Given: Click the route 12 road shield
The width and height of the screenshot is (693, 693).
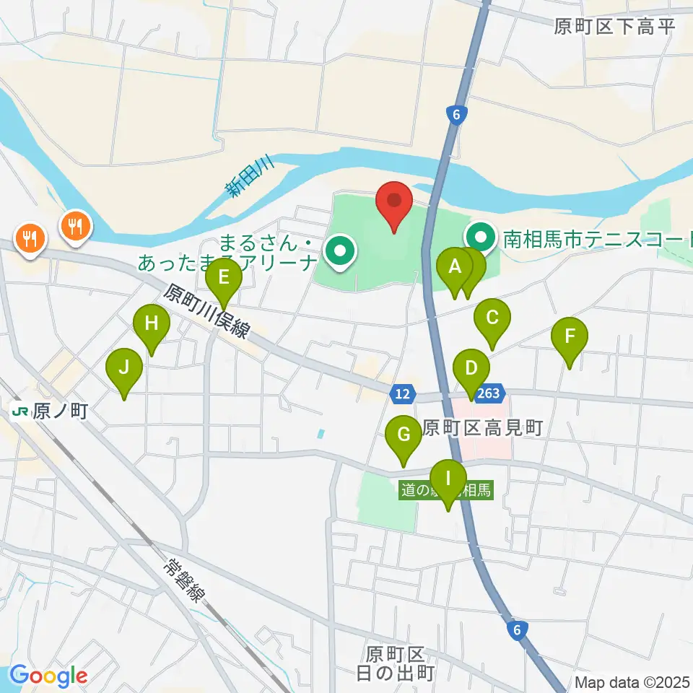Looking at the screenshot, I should tap(402, 393).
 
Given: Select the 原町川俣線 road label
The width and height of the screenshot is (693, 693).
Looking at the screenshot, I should tap(206, 311).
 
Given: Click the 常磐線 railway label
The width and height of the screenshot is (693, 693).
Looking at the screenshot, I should tap(185, 577).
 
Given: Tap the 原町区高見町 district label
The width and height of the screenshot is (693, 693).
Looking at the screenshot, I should tap(482, 428).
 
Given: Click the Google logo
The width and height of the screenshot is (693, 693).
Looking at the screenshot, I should tap(48, 676).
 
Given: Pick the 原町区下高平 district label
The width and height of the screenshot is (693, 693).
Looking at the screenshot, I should tap(614, 27).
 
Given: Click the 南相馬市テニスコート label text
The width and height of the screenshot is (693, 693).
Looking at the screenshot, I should tap(596, 237).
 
